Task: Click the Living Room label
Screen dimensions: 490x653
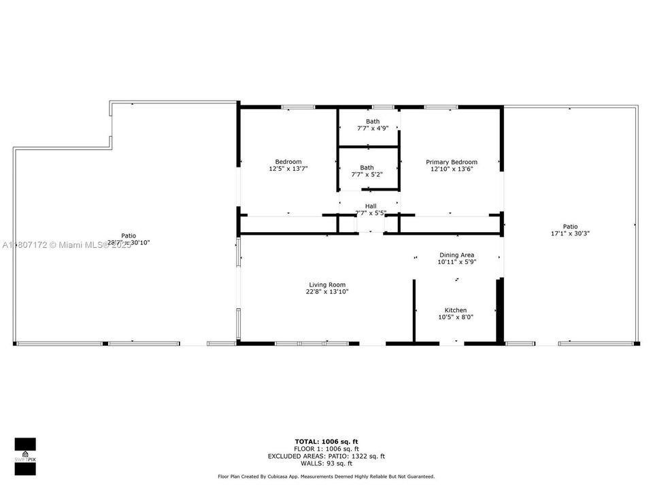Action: tap(326, 284)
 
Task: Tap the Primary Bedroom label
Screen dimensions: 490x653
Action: tap(452, 162)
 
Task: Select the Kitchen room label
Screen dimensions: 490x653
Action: tap(456, 310)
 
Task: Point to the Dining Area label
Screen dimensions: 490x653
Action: tap(456, 255)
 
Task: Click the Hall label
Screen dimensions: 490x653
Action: tap(371, 206)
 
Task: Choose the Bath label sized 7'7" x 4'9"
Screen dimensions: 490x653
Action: tap(373, 121)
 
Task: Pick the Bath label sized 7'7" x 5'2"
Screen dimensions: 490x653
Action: tap(367, 167)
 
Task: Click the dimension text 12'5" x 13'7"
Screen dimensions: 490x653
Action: tap(288, 169)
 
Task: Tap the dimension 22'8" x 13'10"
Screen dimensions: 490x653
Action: tap(327, 292)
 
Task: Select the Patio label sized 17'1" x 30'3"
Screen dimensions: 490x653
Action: tap(570, 227)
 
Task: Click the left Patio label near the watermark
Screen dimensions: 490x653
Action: tap(129, 235)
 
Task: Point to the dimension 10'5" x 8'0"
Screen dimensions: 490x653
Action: tap(456, 317)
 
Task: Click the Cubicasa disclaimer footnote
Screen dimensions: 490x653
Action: tap(326, 476)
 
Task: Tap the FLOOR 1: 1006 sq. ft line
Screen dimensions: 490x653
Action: tap(326, 449)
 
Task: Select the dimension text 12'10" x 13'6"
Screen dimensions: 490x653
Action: tap(452, 169)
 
